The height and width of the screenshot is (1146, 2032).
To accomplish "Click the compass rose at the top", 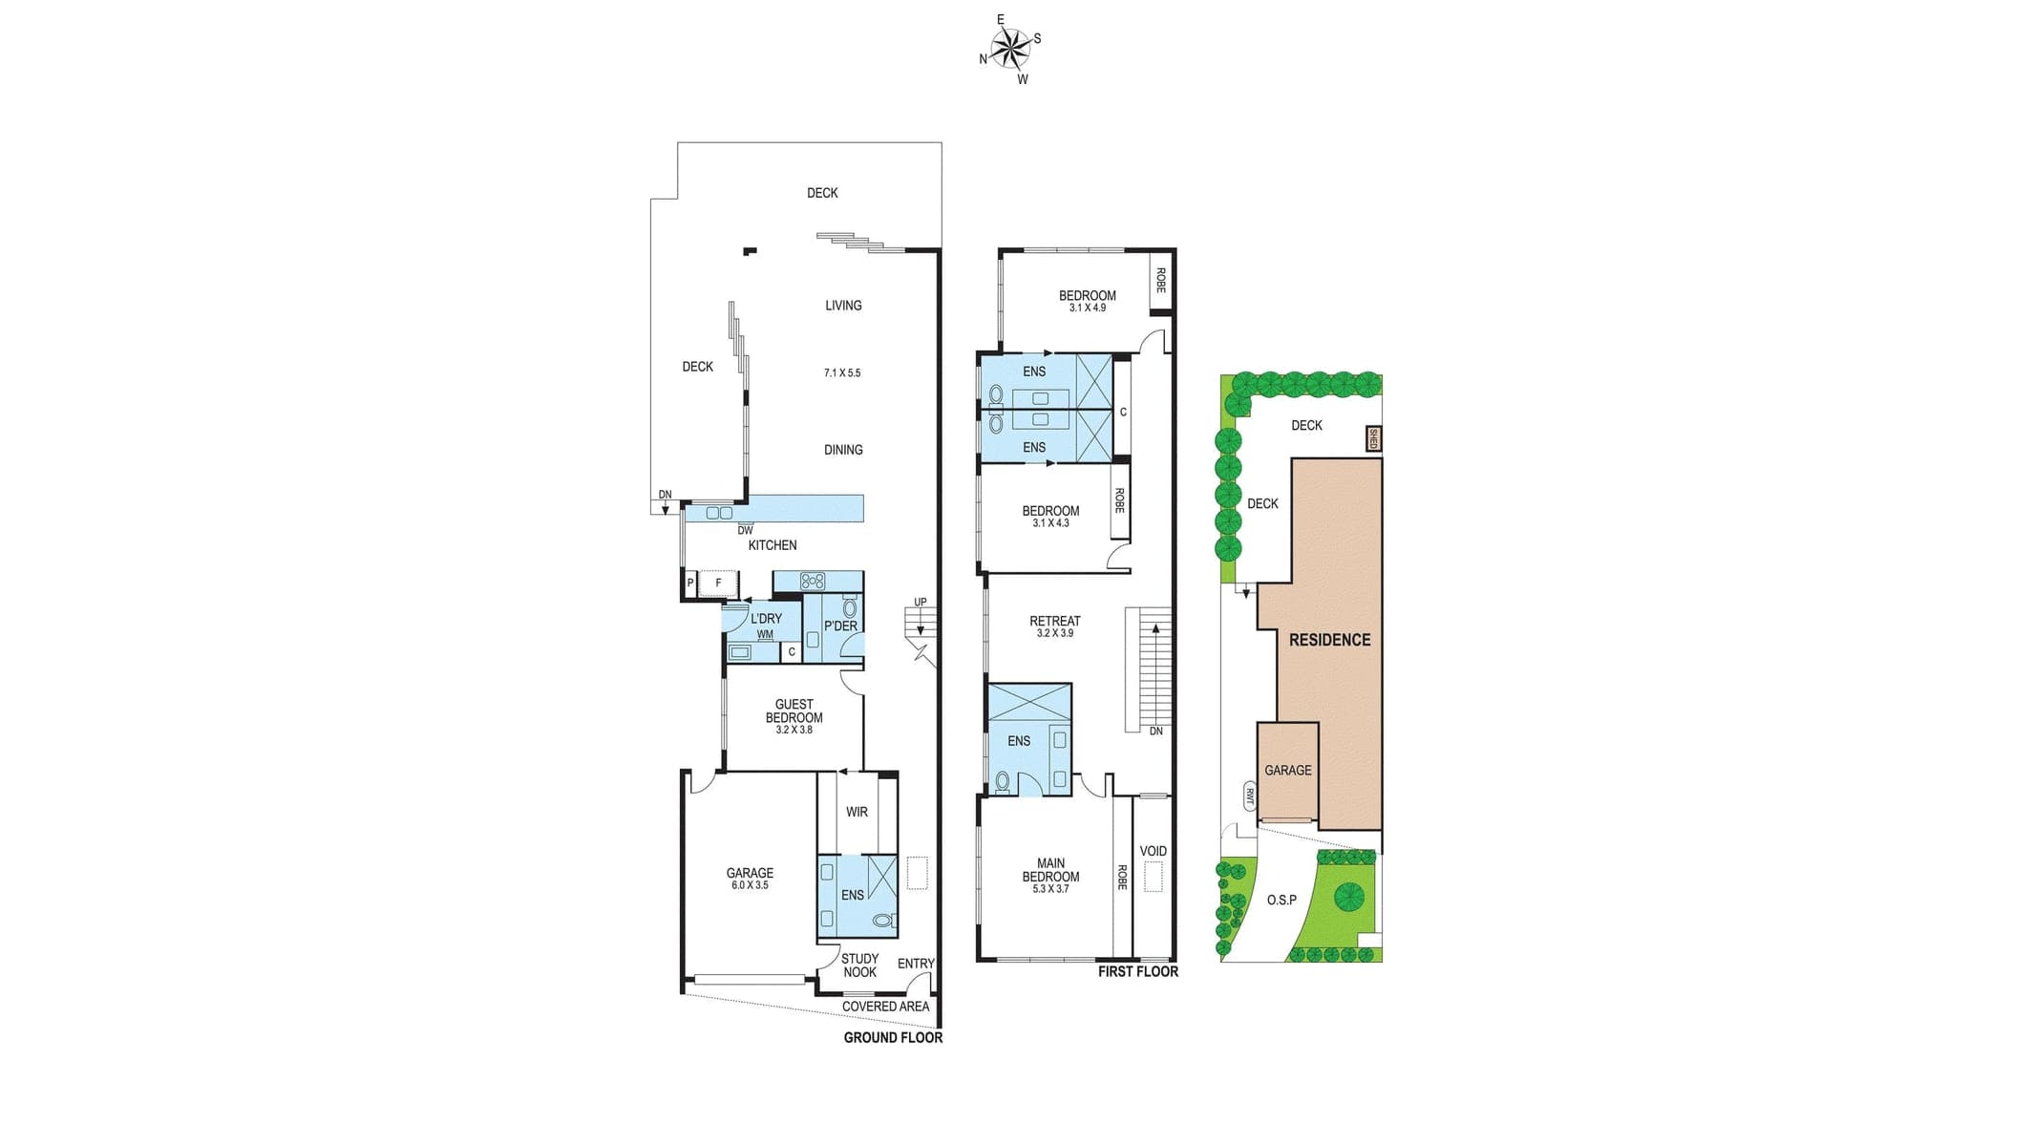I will (x=1010, y=48).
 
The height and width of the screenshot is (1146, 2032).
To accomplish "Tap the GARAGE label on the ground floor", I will (x=750, y=873).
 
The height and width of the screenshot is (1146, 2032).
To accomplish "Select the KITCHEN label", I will (x=772, y=545).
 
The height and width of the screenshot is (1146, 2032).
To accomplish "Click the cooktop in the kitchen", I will (x=813, y=580).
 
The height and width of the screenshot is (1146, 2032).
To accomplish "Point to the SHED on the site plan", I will (x=1373, y=438).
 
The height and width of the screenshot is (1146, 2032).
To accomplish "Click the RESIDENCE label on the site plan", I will (x=1329, y=640).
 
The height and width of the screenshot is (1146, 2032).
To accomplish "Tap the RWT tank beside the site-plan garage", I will (x=1249, y=795).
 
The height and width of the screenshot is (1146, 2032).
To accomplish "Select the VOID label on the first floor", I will (x=1153, y=851).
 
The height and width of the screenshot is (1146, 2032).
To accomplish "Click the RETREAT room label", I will (x=1054, y=621).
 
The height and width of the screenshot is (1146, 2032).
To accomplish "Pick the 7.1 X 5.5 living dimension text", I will (x=842, y=372).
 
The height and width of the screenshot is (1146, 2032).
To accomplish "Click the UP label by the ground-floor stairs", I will (x=920, y=602).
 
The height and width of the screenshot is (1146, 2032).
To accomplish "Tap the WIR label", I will (x=857, y=812).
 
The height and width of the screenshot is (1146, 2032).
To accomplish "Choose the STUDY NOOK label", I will (x=859, y=966).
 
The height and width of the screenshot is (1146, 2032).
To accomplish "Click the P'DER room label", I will (x=840, y=626).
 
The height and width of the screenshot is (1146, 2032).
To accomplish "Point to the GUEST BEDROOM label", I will (x=794, y=711).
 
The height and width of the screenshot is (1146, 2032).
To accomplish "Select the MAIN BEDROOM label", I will (x=1050, y=870).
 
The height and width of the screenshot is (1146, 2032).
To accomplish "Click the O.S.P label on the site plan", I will (x=1281, y=900).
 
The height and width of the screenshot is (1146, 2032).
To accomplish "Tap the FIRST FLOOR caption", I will (x=1137, y=971).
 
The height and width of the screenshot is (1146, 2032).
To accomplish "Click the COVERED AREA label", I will (x=885, y=1006).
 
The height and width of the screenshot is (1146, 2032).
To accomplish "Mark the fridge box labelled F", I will (x=718, y=583).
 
